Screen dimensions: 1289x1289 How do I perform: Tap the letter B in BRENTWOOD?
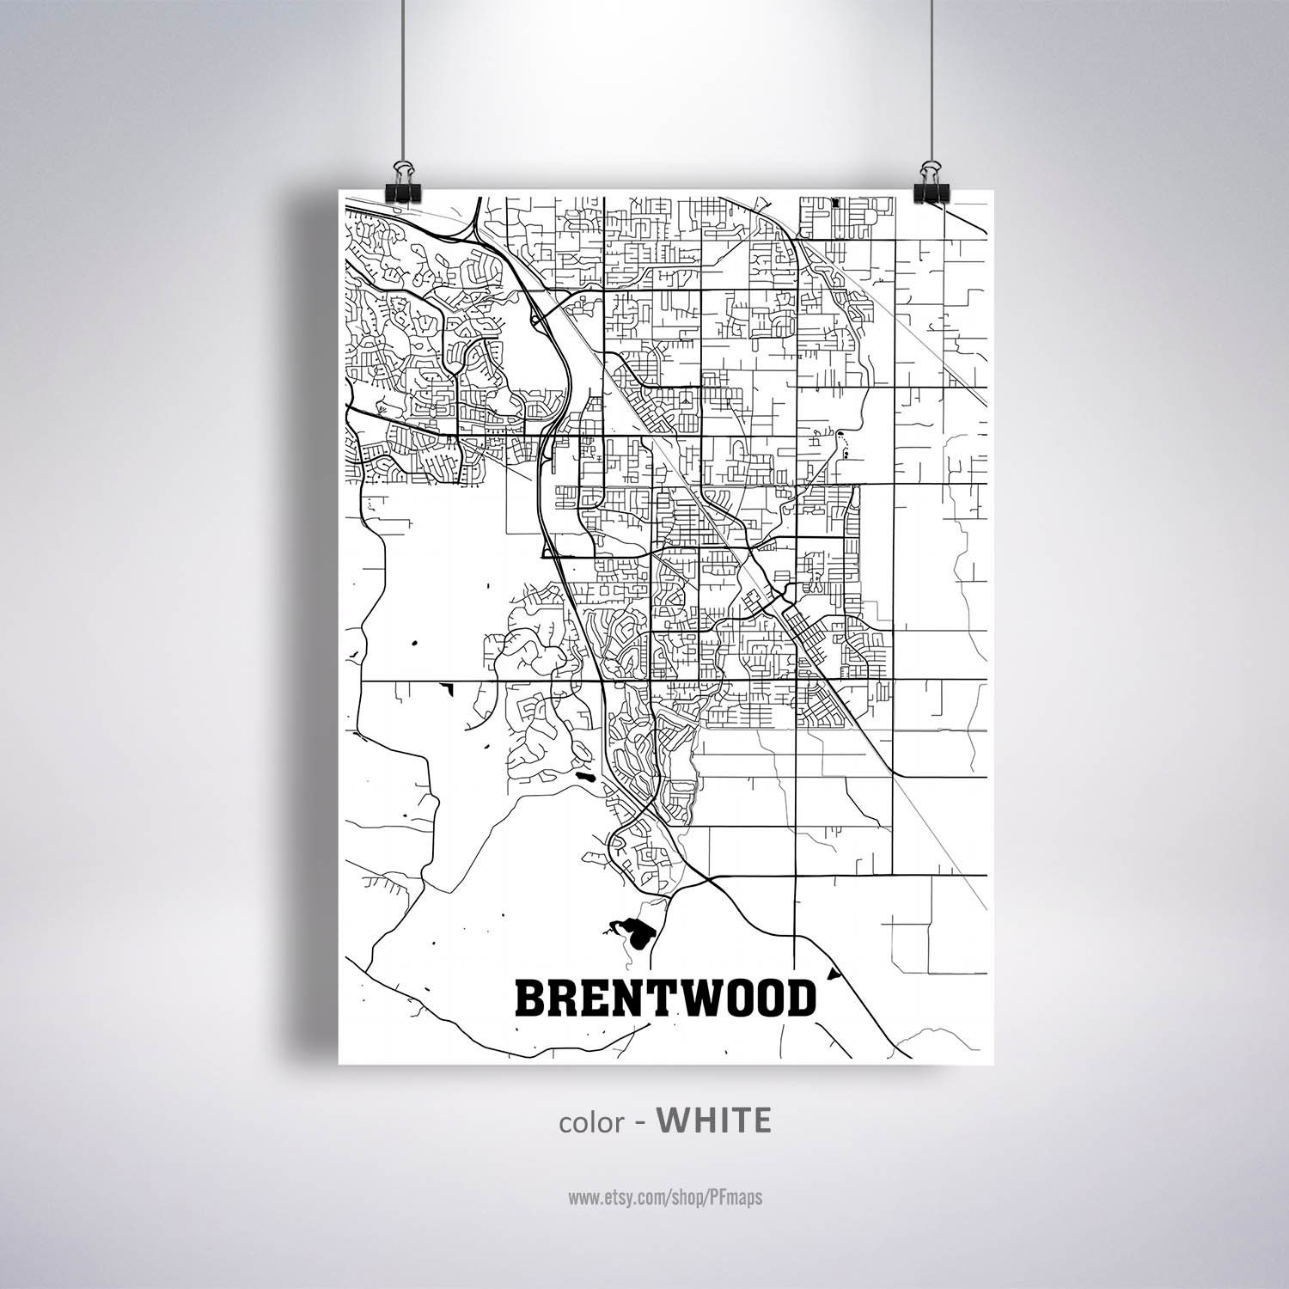click(x=530, y=999)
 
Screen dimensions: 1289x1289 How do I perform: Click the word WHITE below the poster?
click(x=713, y=1121)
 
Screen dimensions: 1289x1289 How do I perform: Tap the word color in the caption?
click(x=590, y=1122)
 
